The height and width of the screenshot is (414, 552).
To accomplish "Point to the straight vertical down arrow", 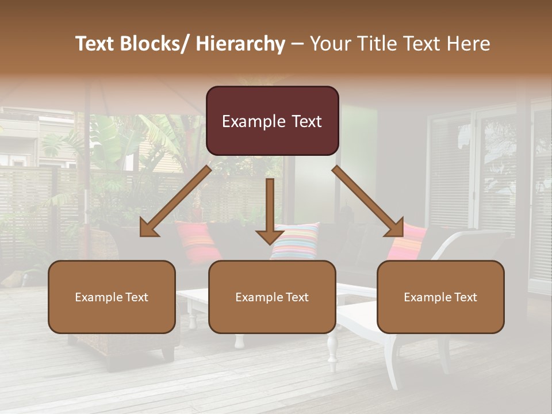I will coord(270,210).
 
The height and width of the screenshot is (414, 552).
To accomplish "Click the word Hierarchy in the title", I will coord(240,44).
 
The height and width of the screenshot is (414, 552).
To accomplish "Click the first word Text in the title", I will coord(95,44).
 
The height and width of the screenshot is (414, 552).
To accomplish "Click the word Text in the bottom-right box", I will coord(465,297).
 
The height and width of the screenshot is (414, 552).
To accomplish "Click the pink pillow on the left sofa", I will coord(197,240).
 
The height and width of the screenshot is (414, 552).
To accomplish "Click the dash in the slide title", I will coord(297,44).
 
